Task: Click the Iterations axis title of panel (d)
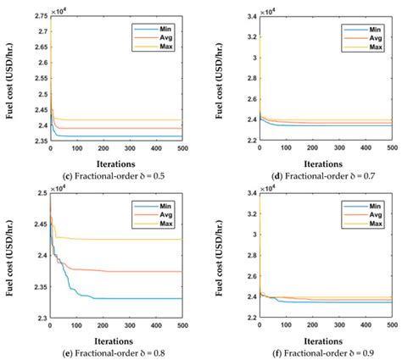coord(326,159)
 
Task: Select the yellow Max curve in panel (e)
coord(127,240)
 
